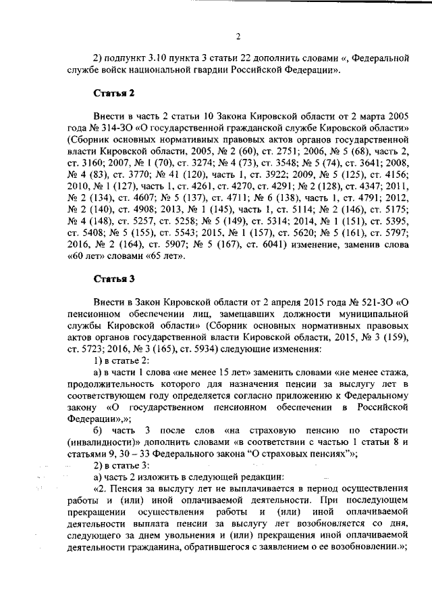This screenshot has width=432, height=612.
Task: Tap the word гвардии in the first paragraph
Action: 233,70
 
